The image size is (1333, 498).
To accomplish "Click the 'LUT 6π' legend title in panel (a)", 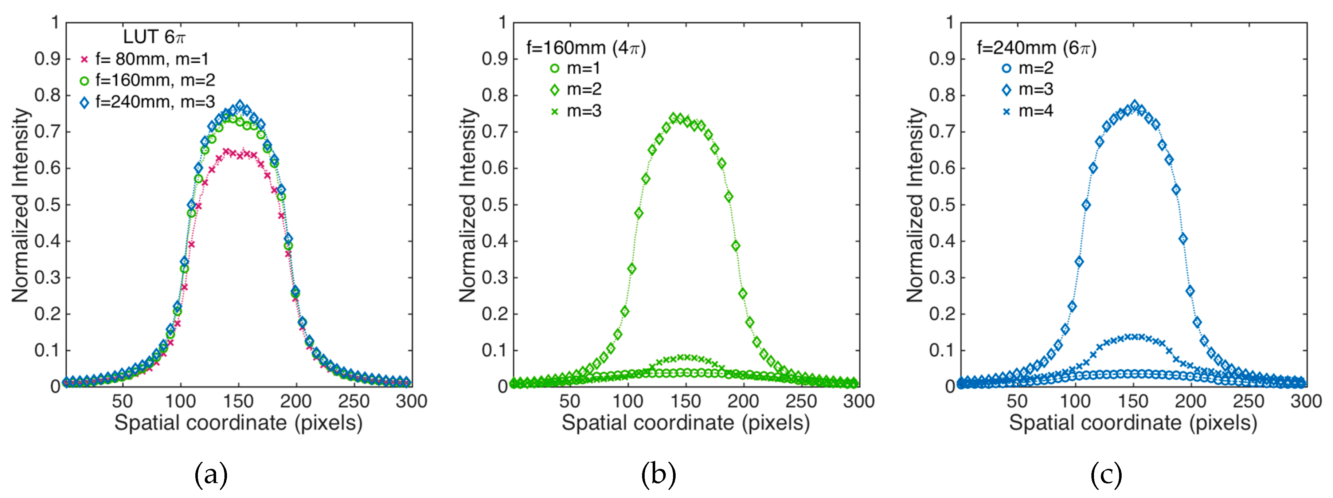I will coord(154,37).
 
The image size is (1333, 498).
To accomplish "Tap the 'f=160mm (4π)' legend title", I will coord(586,48).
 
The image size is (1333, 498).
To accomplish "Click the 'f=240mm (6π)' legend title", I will coord(1036,48).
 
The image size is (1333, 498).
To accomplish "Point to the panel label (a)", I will coord(211,474).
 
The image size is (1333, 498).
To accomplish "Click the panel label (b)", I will coord(658,474).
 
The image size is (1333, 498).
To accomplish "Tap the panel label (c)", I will coord(1106,474).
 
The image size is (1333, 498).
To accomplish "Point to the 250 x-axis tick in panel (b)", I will coord(801,401).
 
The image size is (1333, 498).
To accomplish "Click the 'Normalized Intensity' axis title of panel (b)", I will coord(467,205).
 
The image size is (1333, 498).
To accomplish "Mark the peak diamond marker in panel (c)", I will coord(1135,105).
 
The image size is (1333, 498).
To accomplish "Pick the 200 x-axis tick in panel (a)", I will coord(296,401).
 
